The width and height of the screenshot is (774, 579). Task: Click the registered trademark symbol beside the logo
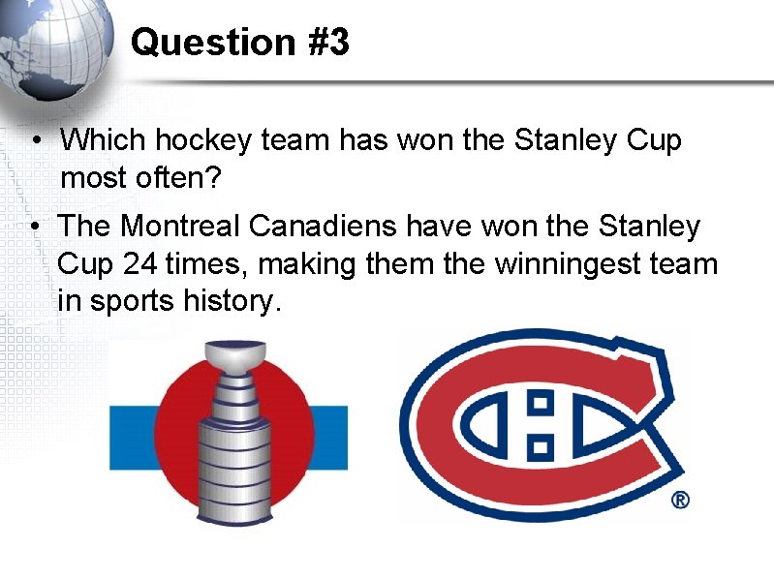point(680,501)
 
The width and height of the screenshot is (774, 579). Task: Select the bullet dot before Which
point(34,141)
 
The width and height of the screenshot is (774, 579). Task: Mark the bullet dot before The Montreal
point(34,228)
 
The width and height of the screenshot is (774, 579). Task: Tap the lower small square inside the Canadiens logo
point(541,446)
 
